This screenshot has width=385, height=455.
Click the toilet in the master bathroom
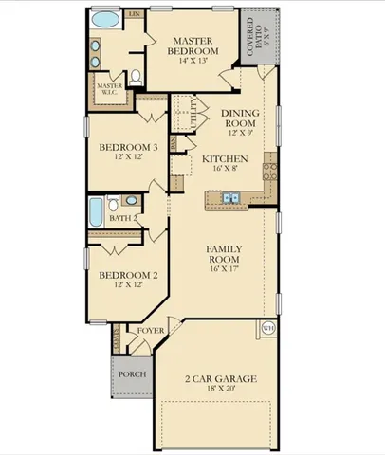tap(137, 76)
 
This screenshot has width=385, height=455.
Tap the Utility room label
tap(193, 113)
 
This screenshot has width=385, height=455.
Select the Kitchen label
tap(224, 158)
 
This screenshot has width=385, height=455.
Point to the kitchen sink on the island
tap(229, 197)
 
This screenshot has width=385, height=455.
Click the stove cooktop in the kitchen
tap(269, 171)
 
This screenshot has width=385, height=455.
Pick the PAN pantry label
tap(174, 143)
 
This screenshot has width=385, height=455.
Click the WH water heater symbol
tap(267, 328)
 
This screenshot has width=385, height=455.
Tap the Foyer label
tap(151, 331)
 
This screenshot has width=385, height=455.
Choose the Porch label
tap(130, 374)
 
